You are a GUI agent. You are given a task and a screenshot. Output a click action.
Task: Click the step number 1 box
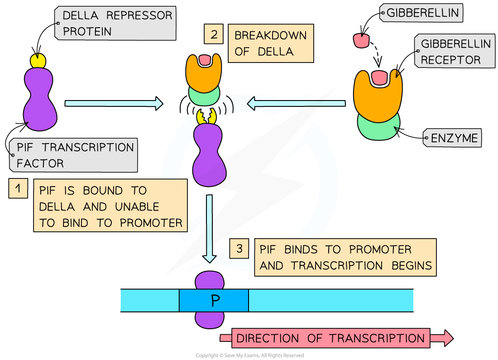coord(18,188)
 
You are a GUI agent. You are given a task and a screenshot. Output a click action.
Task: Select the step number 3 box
coord(239,248)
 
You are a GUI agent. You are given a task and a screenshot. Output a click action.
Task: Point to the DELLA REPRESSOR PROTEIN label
coord(116,23)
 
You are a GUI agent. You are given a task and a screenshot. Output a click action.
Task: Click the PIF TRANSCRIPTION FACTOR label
coord(73,155)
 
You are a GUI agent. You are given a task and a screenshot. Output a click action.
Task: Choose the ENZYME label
coord(453,138)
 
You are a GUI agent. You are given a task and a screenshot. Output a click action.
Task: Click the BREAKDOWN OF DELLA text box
coord(270,43)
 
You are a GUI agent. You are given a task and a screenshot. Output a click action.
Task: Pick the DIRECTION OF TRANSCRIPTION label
coord(330,338)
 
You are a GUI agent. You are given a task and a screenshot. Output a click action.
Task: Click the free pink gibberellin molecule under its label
coord(361,40)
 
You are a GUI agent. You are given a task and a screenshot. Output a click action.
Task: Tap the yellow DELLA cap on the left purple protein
coord(38,60)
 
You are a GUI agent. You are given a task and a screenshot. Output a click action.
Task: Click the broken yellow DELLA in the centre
coord(206,116)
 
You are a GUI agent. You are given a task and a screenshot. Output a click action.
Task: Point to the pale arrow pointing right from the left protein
coord(114,103)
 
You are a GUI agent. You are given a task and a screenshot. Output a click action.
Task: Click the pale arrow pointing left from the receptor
coord(296,104)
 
